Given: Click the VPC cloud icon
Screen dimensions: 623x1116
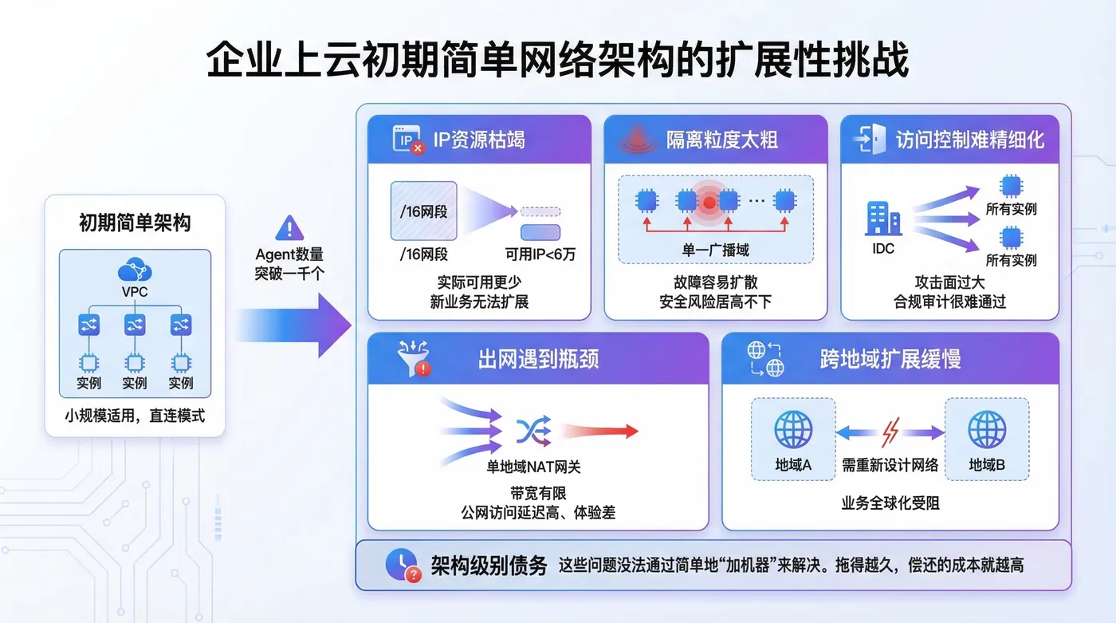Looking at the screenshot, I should [x=135, y=270].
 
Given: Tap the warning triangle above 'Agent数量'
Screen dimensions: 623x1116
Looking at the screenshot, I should [x=289, y=228].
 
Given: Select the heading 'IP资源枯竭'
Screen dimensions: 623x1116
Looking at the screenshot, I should [x=479, y=140].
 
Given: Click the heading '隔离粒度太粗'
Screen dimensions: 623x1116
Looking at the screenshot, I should [x=722, y=140].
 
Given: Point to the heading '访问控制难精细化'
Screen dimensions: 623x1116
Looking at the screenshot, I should [x=969, y=140].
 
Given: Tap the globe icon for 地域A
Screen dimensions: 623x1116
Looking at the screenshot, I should [x=793, y=429].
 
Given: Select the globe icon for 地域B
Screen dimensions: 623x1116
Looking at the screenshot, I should [x=987, y=429].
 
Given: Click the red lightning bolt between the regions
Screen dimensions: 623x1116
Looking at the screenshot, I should [x=890, y=432].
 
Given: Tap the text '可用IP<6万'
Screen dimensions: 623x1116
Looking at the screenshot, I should [x=540, y=255].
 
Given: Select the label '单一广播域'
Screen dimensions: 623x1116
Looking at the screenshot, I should [x=715, y=250].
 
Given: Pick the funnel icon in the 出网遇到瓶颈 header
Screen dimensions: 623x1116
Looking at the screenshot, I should [x=413, y=357].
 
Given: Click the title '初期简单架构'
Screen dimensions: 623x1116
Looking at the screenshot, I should [x=135, y=223].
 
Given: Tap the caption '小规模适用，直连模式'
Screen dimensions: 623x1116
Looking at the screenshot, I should [x=135, y=416].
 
